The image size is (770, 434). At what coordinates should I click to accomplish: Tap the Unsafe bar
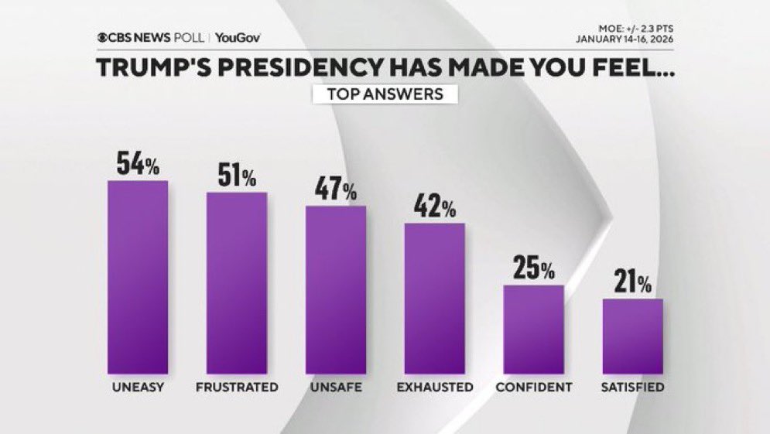(x=336, y=290)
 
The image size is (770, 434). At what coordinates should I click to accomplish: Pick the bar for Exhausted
(x=435, y=299)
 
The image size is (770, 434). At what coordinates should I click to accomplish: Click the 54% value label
(x=138, y=164)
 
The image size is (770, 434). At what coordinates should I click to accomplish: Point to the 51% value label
(x=237, y=177)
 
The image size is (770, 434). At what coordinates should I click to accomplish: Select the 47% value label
(x=336, y=191)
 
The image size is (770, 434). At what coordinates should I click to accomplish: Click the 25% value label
(x=534, y=271)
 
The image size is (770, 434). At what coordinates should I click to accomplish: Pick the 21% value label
(x=633, y=284)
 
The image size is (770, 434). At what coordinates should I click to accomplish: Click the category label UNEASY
(x=138, y=387)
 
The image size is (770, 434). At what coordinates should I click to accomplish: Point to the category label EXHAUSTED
(x=435, y=387)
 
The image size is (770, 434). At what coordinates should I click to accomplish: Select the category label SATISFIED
(x=633, y=387)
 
